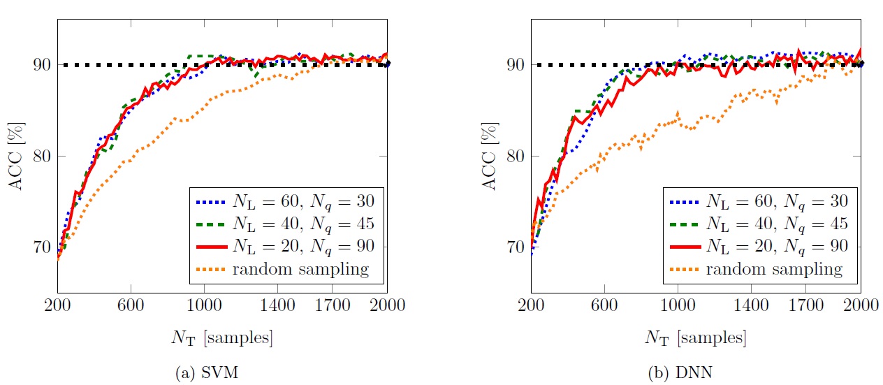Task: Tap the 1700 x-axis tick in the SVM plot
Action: (x=332, y=305)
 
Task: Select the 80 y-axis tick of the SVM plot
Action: (x=43, y=156)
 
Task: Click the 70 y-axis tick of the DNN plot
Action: (x=516, y=247)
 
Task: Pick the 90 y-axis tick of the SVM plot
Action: (x=43, y=65)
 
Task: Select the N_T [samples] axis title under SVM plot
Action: (x=221, y=339)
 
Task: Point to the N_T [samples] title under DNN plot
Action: (x=695, y=339)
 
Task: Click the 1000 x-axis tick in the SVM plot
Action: (x=204, y=305)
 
